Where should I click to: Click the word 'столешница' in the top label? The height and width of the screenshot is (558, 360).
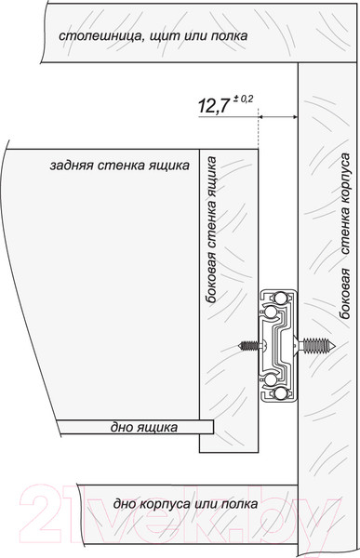(x=93, y=36)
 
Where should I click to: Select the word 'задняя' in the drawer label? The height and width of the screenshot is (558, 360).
(x=74, y=166)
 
